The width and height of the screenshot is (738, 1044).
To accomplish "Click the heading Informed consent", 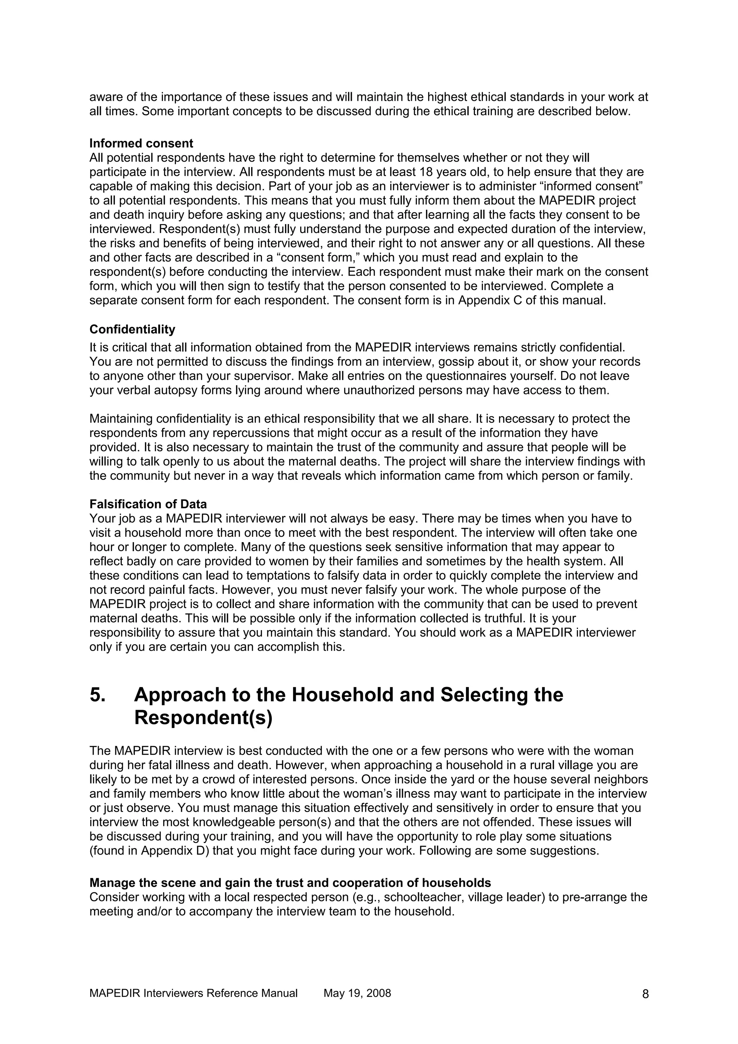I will (141, 144).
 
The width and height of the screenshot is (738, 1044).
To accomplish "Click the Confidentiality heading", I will (132, 329).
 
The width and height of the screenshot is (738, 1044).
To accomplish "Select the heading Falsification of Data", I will (148, 504).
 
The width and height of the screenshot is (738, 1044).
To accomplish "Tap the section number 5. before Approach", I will (98, 695).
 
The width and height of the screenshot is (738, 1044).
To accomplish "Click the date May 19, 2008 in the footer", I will (357, 993).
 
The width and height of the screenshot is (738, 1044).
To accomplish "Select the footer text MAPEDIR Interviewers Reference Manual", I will (193, 993).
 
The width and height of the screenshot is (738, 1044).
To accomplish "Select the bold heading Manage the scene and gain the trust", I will (290, 883).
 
